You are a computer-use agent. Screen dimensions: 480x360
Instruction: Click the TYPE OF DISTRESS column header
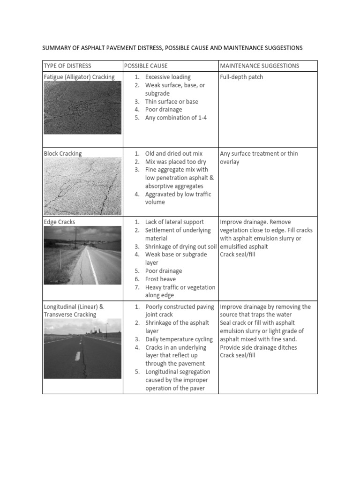(67, 66)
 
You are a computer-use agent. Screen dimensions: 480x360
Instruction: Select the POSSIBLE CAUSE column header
(145, 66)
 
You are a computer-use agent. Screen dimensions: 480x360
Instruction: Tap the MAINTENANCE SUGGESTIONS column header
(259, 66)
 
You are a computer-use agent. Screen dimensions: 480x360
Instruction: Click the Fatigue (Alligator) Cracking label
(79, 77)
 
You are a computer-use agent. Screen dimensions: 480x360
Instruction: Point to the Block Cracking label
(62, 153)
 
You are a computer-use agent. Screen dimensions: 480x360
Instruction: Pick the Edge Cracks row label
(59, 222)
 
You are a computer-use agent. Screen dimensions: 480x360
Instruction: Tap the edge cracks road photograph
(82, 255)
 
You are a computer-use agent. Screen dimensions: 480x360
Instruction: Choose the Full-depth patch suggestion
(241, 77)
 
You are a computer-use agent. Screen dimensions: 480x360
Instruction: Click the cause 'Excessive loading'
(168, 77)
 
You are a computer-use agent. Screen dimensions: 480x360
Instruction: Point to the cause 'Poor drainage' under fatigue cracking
(164, 110)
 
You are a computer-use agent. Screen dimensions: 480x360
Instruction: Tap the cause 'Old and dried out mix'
(174, 153)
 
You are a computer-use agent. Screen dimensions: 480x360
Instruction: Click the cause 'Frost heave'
(162, 279)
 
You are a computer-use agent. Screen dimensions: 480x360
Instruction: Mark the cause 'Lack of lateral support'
(174, 222)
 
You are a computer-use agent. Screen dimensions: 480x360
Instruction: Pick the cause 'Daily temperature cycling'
(179, 339)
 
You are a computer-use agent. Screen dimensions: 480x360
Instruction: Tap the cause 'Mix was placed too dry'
(176, 162)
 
